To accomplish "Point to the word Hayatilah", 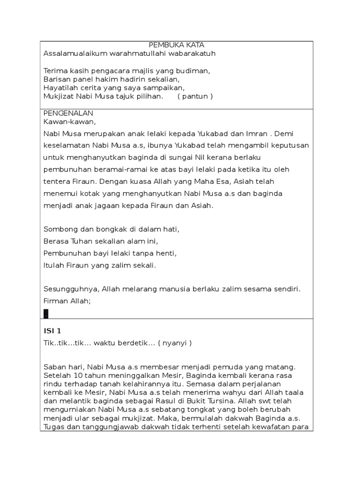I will pos(60,88).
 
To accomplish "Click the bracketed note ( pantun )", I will pos(195,97).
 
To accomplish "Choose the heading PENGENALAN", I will pos(68,113).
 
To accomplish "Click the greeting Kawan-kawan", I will pos(69,122).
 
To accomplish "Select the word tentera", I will pos(56,181).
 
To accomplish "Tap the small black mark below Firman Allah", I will pos(45,313).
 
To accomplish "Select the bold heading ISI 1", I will pos(52,331).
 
